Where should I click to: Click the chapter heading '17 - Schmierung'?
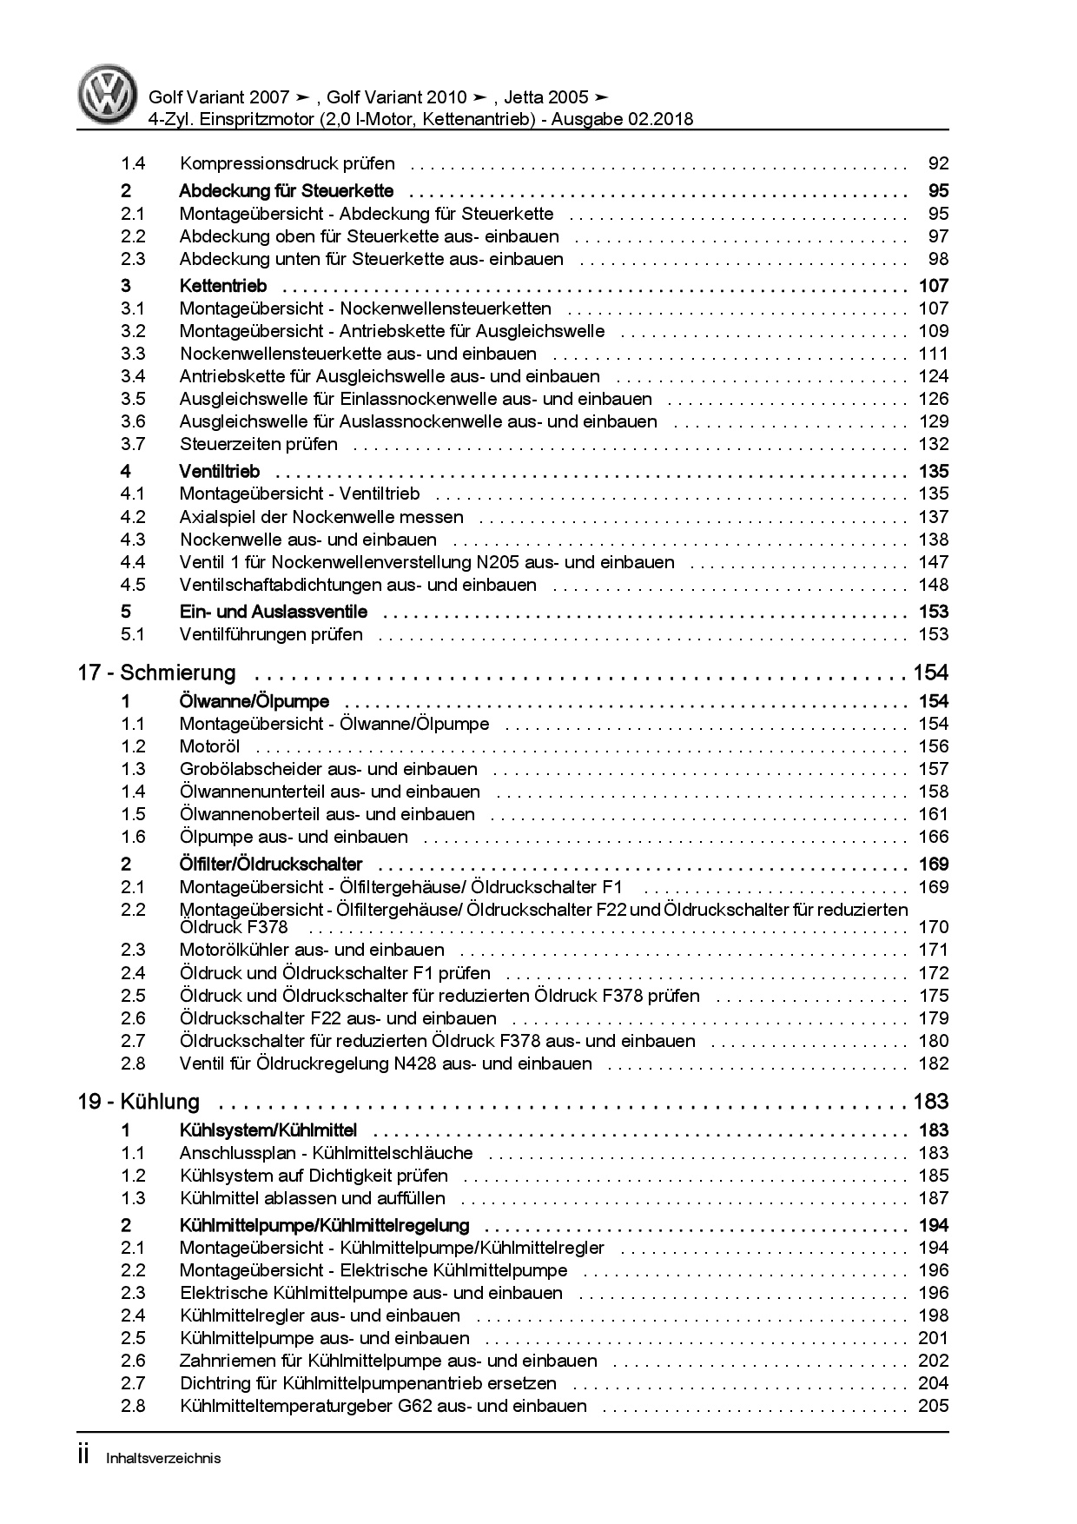point(157,673)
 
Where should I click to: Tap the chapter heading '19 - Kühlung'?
point(139,1102)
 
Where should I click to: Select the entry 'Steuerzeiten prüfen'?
point(259,444)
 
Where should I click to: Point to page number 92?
point(938,163)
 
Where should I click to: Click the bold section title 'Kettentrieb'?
point(223,286)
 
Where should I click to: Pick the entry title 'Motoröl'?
point(209,746)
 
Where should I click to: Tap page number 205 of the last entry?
point(933,1406)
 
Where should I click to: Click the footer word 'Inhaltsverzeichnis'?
point(163,1458)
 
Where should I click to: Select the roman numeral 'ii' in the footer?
point(84,1456)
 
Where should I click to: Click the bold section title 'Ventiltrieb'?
point(220,472)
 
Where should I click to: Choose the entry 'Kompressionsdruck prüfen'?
point(287,163)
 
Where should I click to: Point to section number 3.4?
point(133,376)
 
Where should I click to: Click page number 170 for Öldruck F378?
point(933,927)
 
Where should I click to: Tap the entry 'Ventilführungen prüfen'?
point(271,634)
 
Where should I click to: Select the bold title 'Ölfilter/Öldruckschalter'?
point(271,865)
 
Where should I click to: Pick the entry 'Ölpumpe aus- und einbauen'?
point(294,837)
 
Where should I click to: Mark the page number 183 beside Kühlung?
point(930,1102)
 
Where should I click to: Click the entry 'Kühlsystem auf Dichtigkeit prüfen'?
point(314,1176)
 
